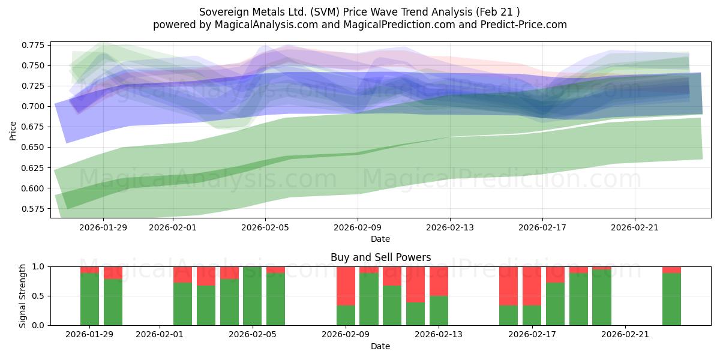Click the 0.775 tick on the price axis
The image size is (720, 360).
pos(34,45)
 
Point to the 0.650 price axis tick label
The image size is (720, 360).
pos(34,147)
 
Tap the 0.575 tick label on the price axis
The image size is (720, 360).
pos(34,209)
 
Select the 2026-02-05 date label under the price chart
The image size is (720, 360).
pos(265,227)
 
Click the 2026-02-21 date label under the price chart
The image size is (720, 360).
pos(635,227)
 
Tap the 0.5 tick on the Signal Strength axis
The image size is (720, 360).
pos(39,296)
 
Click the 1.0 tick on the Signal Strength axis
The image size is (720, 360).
pos(39,266)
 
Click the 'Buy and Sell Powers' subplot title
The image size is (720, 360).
pos(380,257)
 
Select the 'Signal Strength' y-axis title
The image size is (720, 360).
pos(23,295)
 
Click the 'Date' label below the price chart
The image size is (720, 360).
pos(380,239)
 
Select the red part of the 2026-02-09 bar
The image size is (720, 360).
pos(346,286)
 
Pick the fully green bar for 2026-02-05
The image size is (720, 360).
pos(252,296)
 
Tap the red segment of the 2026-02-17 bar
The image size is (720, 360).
pos(532,286)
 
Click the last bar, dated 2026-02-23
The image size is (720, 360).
pos(671,299)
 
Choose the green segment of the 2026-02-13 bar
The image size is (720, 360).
pos(439,310)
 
